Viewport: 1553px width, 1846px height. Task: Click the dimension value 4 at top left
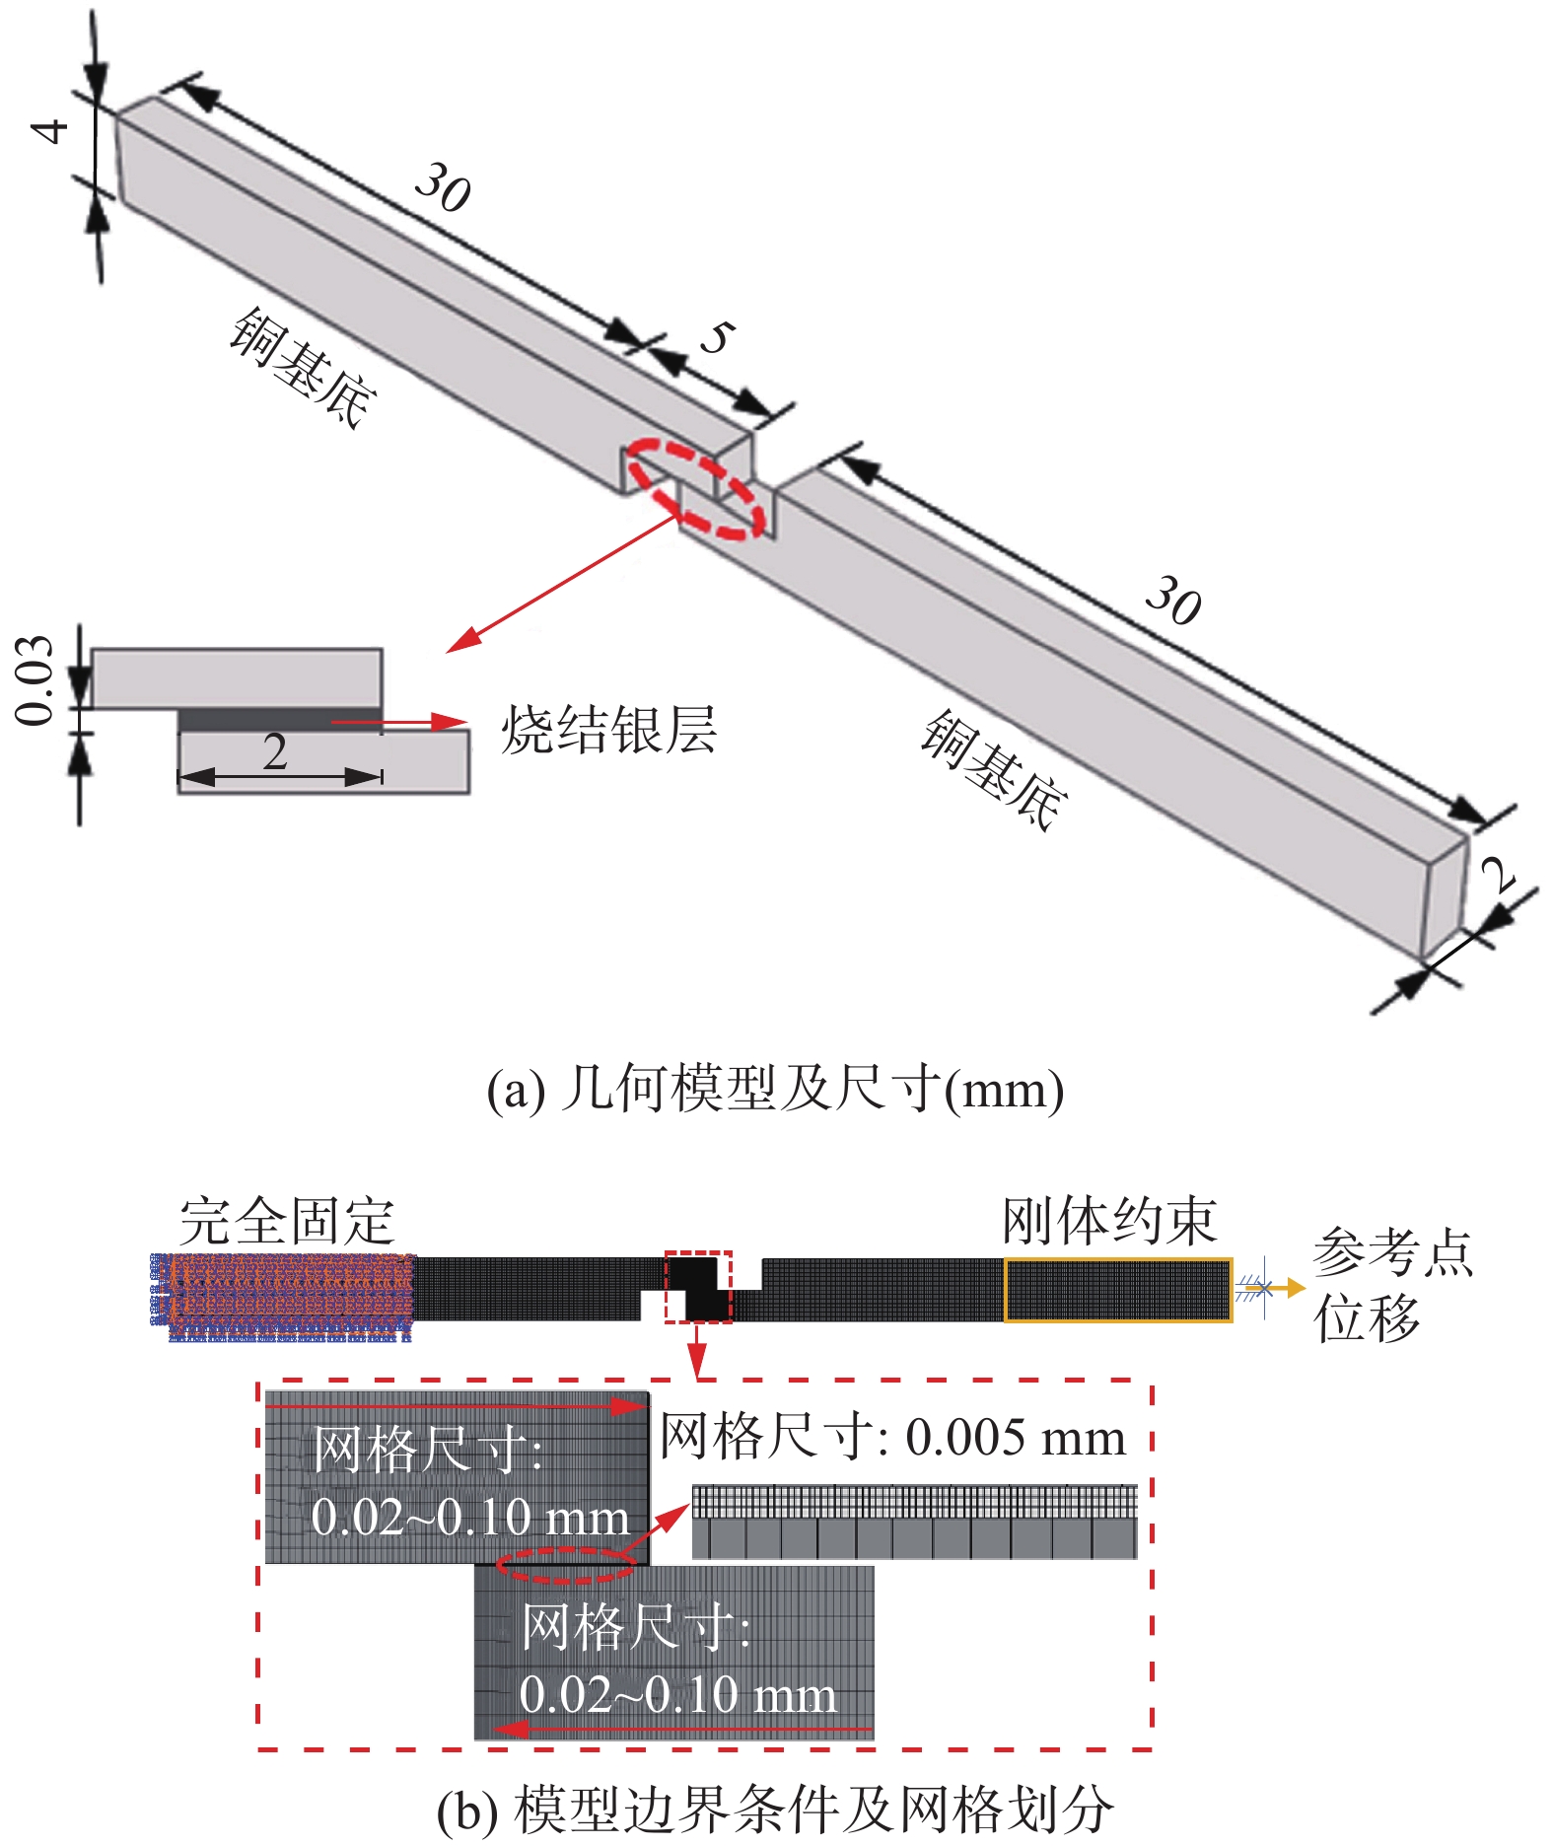(51, 130)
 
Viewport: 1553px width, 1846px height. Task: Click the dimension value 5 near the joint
(717, 337)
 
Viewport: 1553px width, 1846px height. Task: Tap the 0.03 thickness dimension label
(35, 680)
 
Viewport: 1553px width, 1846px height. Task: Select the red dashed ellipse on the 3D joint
(696, 489)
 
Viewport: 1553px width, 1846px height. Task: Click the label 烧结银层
(608, 730)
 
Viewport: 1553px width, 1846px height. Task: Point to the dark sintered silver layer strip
(280, 719)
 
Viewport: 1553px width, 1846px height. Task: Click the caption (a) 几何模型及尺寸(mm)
(775, 1090)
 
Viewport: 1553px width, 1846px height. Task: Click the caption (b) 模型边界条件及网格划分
(775, 1810)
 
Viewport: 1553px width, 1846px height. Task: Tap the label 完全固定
(287, 1221)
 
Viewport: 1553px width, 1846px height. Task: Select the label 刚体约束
(1109, 1221)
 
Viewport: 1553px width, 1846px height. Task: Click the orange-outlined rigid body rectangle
(1117, 1289)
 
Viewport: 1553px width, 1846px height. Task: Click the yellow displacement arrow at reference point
(1281, 1288)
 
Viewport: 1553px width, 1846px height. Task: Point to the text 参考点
(1392, 1253)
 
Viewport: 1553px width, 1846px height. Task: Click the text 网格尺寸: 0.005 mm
(892, 1437)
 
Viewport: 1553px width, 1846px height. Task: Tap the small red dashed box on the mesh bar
(698, 1286)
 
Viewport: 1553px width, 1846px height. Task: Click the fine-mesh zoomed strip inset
(914, 1522)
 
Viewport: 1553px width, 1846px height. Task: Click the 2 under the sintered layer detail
(275, 753)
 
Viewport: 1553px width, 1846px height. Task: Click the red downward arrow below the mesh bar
(698, 1350)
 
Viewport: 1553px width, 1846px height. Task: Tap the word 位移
(1366, 1318)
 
